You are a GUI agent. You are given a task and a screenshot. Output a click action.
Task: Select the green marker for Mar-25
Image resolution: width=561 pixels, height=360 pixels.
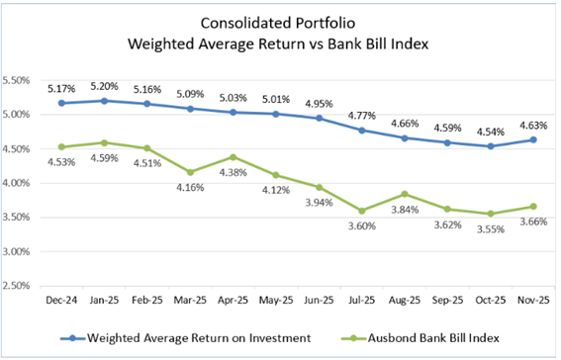click(190, 172)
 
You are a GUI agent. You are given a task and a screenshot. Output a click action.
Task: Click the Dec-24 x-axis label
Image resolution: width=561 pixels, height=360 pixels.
click(62, 299)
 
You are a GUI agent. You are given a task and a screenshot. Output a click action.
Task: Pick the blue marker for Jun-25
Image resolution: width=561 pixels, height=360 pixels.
click(318, 118)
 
